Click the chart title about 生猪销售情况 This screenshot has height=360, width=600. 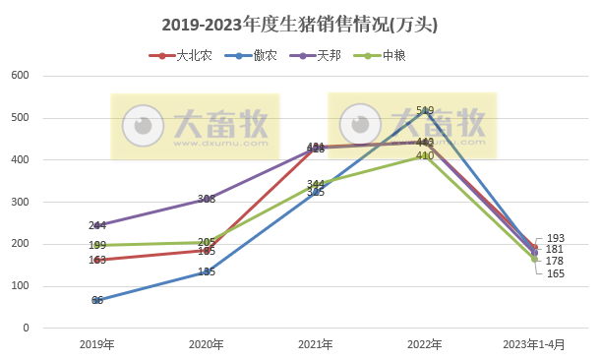click(x=299, y=24)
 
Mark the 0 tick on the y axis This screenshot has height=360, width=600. click(x=27, y=329)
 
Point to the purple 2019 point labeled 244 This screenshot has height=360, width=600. click(x=97, y=225)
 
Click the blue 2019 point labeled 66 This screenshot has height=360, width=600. click(x=97, y=300)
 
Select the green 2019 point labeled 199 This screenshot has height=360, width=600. click(x=97, y=245)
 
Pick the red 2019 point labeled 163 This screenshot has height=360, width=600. click(x=97, y=260)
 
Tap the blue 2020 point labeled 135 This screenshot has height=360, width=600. click(x=207, y=271)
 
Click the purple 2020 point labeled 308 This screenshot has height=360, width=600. click(x=207, y=199)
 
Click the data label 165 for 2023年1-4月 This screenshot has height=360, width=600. click(x=556, y=272)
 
